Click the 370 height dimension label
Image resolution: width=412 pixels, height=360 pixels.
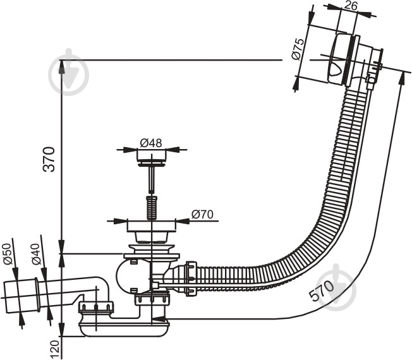49,159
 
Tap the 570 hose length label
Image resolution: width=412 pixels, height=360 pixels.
322,291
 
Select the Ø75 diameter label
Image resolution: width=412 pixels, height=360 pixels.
298,49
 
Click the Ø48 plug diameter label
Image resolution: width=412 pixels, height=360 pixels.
151,143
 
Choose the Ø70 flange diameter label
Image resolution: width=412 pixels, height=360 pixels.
202,214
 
